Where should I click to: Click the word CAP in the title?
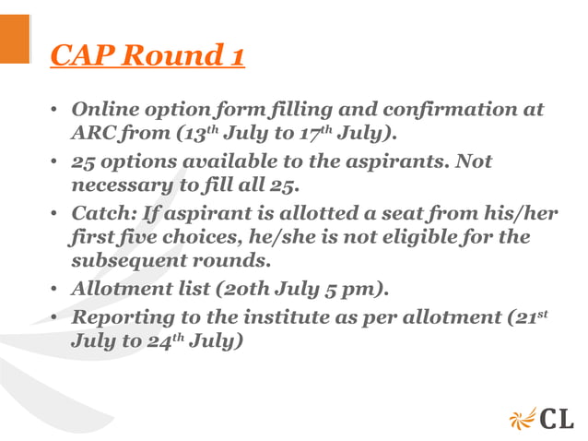(81, 56)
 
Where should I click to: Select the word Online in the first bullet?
(104, 110)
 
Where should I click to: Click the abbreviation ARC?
(94, 135)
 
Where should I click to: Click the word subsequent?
(123, 262)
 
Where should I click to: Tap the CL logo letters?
(556, 417)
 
